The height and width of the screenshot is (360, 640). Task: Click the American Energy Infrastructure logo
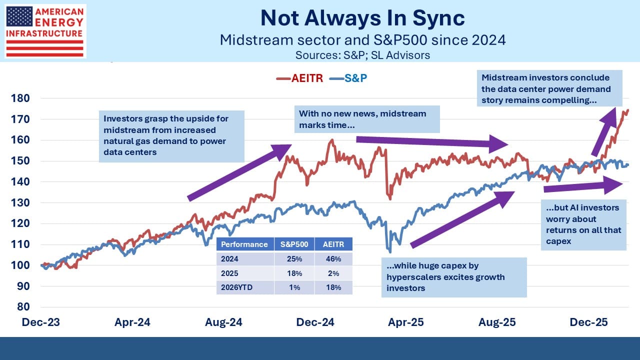pyautogui.click(x=45, y=31)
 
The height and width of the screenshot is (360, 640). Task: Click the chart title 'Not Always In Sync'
pyautogui.click(x=362, y=18)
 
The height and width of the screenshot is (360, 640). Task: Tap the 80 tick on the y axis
pyautogui.click(x=23, y=306)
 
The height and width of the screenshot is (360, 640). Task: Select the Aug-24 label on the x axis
pyautogui.click(x=223, y=322)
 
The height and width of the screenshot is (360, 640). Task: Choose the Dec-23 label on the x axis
pyautogui.click(x=40, y=322)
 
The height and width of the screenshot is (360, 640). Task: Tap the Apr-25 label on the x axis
pyautogui.click(x=406, y=322)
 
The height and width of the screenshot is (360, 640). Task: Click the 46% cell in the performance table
pyautogui.click(x=333, y=259)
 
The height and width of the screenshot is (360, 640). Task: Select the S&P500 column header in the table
pyautogui.click(x=294, y=244)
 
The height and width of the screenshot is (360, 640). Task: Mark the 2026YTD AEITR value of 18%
pyautogui.click(x=333, y=287)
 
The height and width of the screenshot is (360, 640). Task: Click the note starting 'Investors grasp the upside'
pyautogui.click(x=171, y=136)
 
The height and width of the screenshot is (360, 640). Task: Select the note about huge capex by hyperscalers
pyautogui.click(x=453, y=277)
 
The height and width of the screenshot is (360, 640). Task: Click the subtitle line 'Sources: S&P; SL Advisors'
pyautogui.click(x=362, y=55)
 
